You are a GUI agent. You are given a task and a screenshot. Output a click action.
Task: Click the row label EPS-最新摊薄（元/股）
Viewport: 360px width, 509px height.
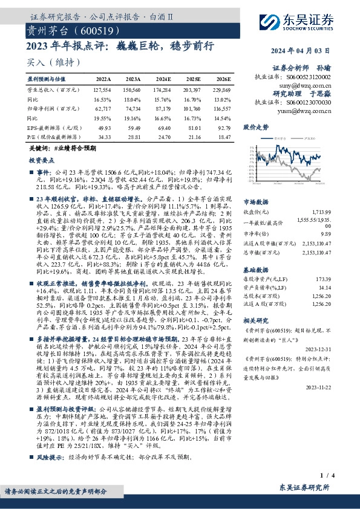(x=54, y=128)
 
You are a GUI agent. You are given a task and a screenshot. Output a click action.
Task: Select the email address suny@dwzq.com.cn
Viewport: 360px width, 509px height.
(x=309, y=86)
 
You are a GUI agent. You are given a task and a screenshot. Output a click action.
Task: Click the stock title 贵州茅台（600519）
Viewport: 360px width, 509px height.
(x=63, y=30)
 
